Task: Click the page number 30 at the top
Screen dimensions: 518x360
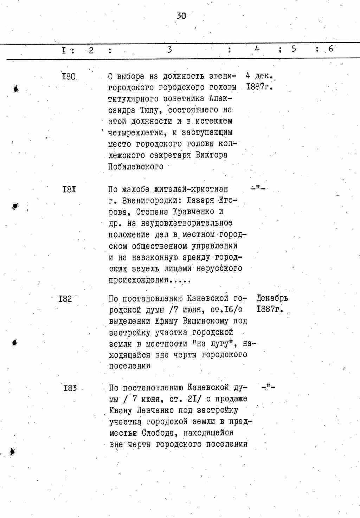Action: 181,15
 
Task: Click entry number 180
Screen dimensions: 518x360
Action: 69,76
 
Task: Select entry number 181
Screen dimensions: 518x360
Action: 69,189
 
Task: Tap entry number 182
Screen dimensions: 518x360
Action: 65,299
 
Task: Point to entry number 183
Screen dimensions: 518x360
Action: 70,388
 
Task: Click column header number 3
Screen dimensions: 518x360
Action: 169,50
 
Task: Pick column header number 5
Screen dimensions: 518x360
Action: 293,49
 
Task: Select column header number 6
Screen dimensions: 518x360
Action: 331,49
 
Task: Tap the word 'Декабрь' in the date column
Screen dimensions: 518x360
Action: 272,298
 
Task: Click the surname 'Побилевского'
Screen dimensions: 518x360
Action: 136,167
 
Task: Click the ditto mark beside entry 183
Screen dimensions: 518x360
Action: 268,388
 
